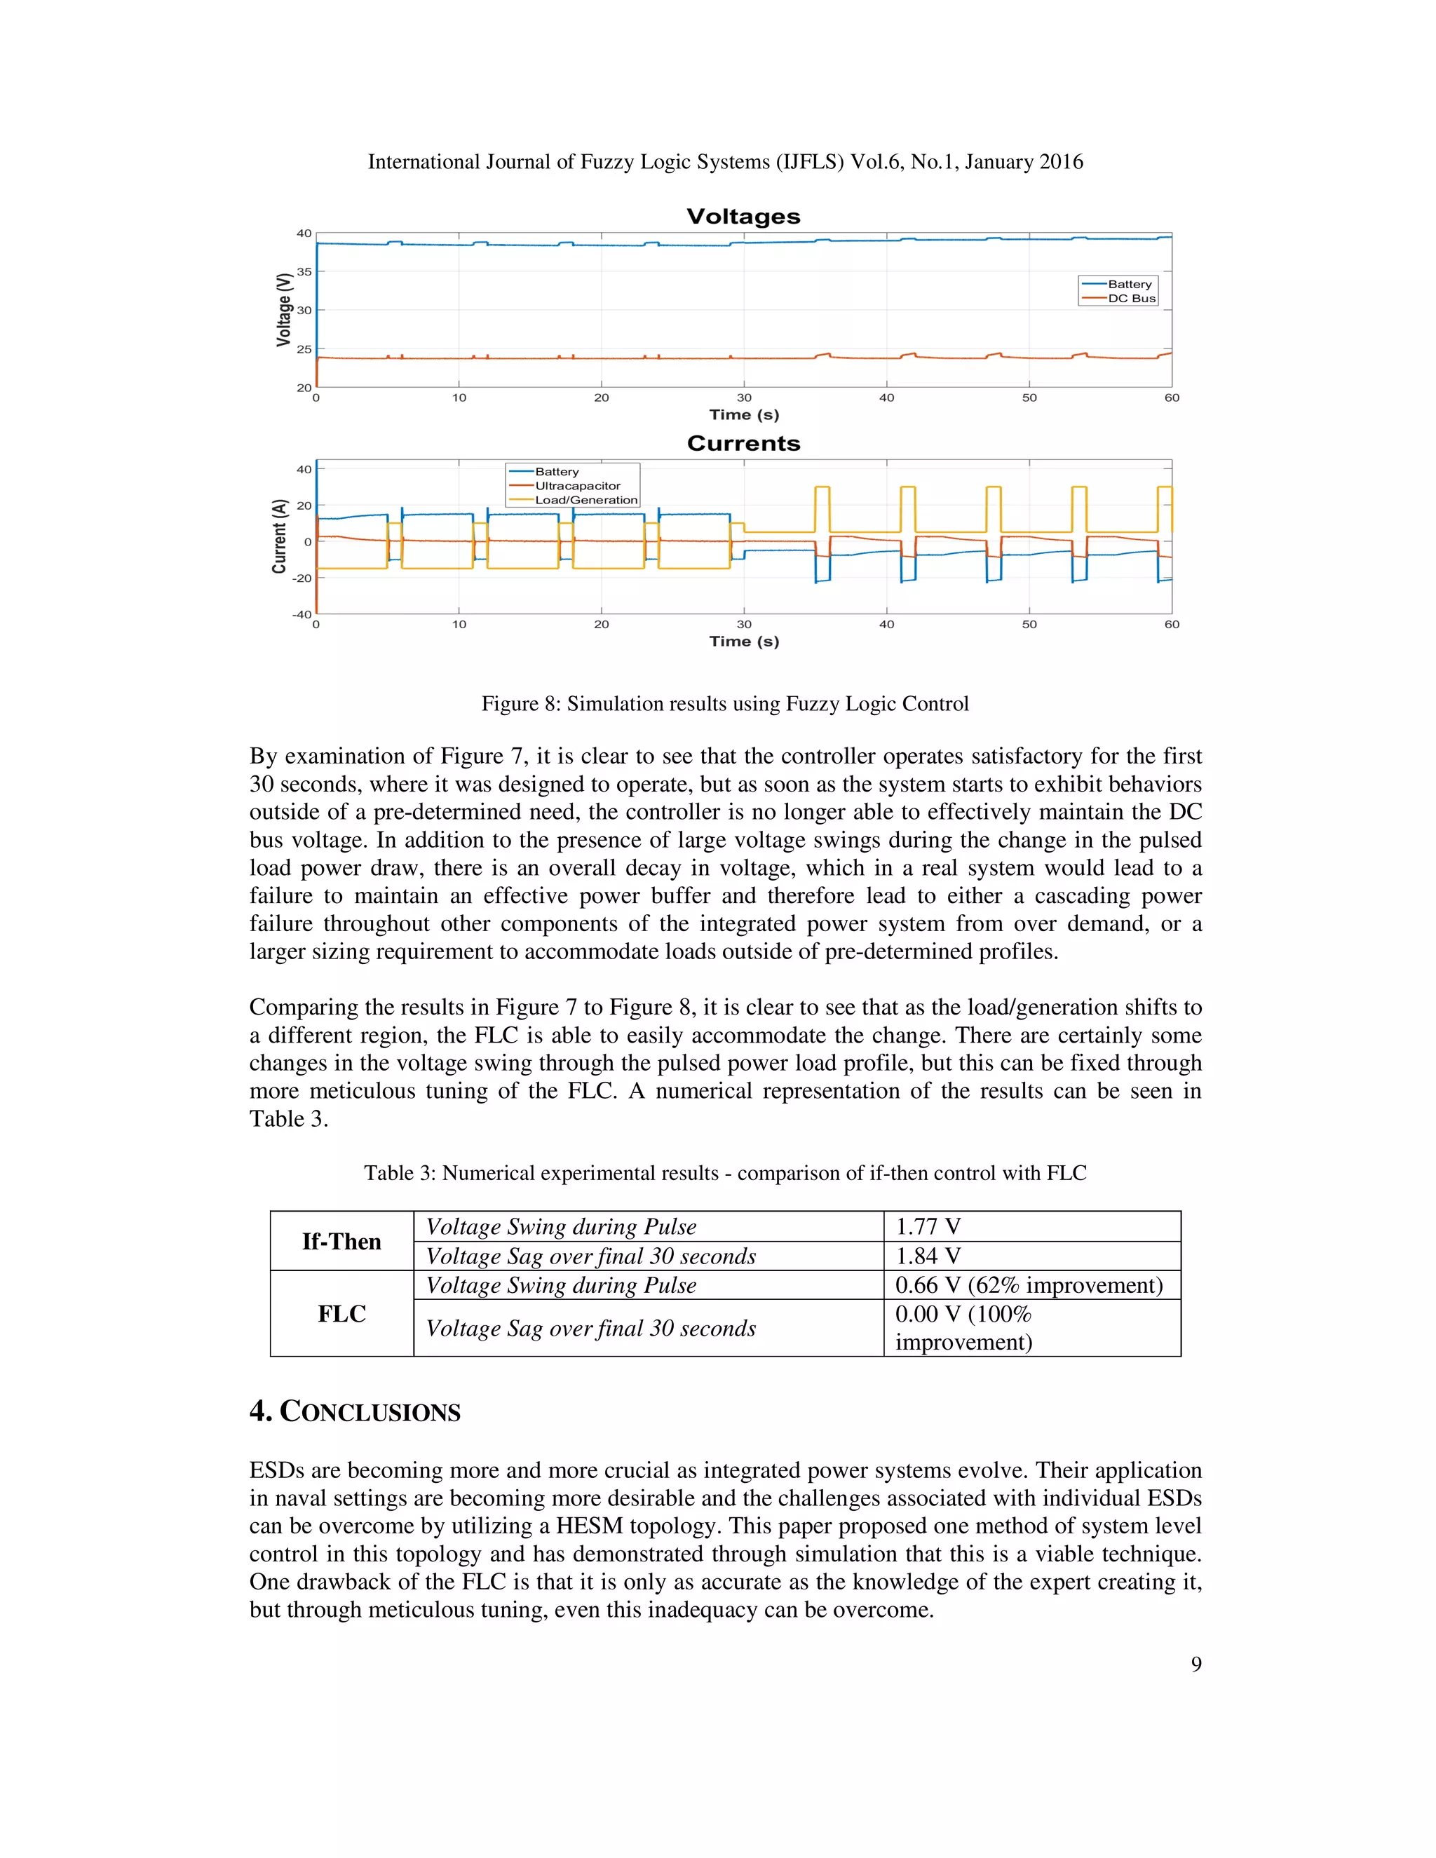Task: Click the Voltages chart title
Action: [743, 217]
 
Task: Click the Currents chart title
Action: [743, 443]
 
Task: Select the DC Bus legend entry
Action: [1130, 299]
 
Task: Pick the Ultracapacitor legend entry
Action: [577, 486]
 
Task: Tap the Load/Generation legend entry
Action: [585, 500]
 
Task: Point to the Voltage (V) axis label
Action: [284, 310]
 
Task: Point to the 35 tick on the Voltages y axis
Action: [304, 272]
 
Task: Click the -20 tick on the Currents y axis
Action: [302, 578]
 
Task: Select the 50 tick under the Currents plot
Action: [1029, 625]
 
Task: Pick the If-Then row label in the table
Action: [341, 1241]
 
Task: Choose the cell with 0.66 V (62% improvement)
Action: [1028, 1284]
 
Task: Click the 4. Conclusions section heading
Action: [355, 1411]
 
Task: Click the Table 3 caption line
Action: [725, 1173]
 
